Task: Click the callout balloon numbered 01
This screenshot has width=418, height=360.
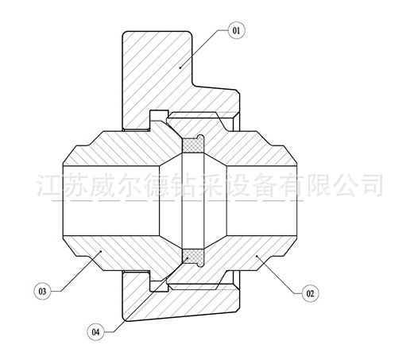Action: [236, 30]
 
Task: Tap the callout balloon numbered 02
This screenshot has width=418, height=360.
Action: [310, 293]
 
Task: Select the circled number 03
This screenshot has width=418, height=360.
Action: [42, 291]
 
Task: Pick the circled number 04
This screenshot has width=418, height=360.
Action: [95, 332]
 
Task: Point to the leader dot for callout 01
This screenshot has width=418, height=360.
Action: [180, 68]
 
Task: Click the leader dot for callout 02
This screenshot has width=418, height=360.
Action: [257, 256]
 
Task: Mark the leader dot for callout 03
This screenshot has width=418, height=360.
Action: [100, 251]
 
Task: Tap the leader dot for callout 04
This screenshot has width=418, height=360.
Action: [188, 257]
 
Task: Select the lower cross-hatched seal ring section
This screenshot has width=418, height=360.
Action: [193, 257]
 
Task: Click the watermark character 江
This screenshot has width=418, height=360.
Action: [49, 185]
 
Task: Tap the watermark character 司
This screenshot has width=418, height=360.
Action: [370, 185]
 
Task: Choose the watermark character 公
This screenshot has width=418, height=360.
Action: [343, 185]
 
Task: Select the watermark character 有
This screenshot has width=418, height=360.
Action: [291, 185]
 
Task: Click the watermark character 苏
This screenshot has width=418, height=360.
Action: [76, 185]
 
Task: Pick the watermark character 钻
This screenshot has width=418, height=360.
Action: [184, 185]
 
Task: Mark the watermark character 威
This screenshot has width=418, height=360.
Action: [103, 185]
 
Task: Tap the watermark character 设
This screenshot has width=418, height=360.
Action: [238, 185]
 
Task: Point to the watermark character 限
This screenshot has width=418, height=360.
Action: [317, 185]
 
